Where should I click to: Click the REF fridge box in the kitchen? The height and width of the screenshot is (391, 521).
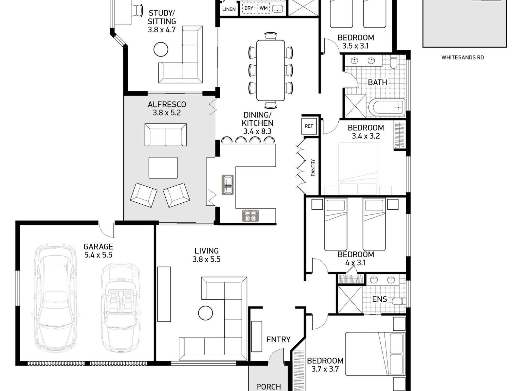tap(309, 126)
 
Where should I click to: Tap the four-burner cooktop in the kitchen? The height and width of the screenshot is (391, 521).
tap(250, 216)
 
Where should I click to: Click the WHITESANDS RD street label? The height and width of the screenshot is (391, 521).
tap(462, 58)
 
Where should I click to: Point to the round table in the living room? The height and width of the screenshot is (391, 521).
tap(206, 313)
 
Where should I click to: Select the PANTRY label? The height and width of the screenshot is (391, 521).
tap(313, 168)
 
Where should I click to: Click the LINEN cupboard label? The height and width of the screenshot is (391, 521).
tap(229, 9)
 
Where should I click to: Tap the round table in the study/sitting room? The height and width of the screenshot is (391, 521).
tap(161, 49)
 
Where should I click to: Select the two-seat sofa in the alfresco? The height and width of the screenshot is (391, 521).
tap(166, 135)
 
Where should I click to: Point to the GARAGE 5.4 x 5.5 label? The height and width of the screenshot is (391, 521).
tap(98, 251)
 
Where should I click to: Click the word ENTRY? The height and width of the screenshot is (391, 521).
tap(278, 340)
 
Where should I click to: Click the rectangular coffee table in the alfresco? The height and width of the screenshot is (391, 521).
tap(163, 168)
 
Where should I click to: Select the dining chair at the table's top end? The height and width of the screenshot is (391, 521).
tap(271, 36)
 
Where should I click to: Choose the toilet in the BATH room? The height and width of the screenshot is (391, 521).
tap(394, 62)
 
